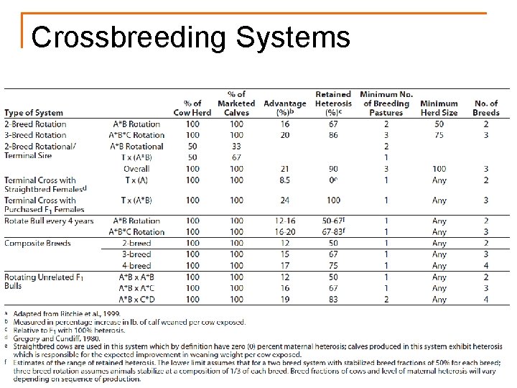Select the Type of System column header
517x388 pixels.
[x=34, y=113]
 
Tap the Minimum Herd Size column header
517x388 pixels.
[x=439, y=108]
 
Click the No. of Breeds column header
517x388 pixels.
[x=486, y=108]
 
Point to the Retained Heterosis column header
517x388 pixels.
[x=333, y=103]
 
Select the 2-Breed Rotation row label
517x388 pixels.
[x=35, y=124]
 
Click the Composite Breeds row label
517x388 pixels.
[x=37, y=244]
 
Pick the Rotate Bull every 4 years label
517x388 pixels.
[x=49, y=221]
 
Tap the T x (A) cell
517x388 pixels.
[x=136, y=180]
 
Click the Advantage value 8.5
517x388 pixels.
[x=284, y=180]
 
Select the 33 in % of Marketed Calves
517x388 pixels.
[x=236, y=147]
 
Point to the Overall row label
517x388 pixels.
[x=136, y=169]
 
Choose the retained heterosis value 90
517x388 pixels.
[x=333, y=169]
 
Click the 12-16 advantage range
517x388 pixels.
[x=284, y=221]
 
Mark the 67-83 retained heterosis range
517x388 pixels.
[x=333, y=232]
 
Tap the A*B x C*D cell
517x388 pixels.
[x=136, y=300]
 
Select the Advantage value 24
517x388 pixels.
[x=284, y=200]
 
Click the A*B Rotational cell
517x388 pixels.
[x=136, y=147]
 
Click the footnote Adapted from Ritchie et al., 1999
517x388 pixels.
[x=64, y=314]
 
